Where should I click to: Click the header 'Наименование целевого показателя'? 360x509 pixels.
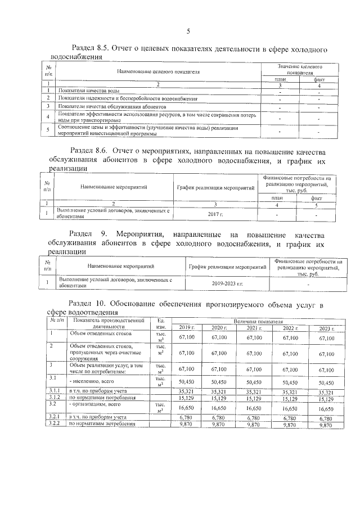158,72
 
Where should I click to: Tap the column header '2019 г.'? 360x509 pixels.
186,327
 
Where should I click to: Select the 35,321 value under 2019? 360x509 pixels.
186,390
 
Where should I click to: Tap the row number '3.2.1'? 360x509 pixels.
54,417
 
